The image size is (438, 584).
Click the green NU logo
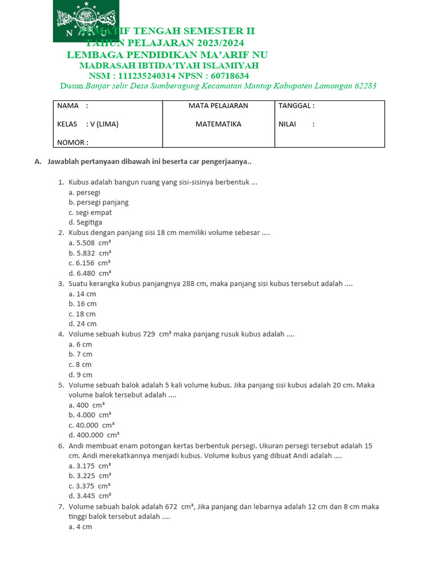pyautogui.click(x=86, y=21)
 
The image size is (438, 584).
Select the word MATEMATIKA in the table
pyautogui.click(x=218, y=124)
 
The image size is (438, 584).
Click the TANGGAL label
pyautogui.click(x=296, y=106)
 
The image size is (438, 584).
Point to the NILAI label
pyautogui.click(x=287, y=124)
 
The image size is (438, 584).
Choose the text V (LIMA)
pyautogui.click(x=104, y=124)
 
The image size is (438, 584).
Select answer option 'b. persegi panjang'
pyautogui.click(x=98, y=202)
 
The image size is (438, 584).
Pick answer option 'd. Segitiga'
pyautogui.click(x=85, y=222)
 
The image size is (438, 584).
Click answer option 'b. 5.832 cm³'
pyautogui.click(x=90, y=253)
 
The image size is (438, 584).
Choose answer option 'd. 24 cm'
pyautogui.click(x=82, y=324)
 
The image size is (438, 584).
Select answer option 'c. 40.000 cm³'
pyautogui.click(x=91, y=425)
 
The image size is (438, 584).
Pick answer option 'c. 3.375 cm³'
pyautogui.click(x=90, y=486)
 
